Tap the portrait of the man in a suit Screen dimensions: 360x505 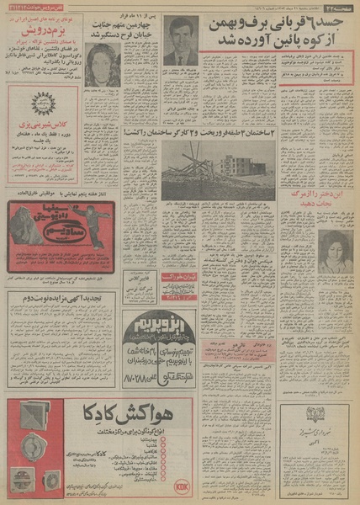click(x=180, y=41)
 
